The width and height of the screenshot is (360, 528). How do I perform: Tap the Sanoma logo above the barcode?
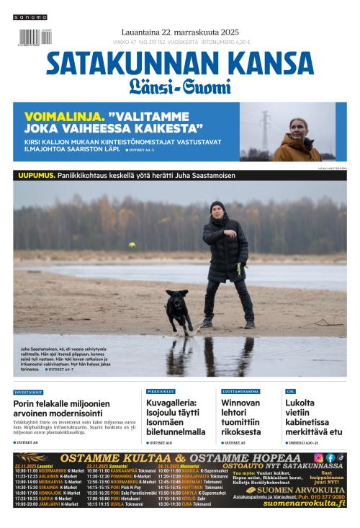pos(30,17)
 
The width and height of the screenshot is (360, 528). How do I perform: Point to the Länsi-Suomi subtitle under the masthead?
pos(180,88)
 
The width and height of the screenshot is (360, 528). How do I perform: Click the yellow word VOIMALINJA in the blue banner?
pos(64,115)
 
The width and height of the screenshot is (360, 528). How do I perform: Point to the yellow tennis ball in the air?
pos(132,246)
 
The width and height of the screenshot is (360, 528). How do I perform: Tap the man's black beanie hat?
pos(217,206)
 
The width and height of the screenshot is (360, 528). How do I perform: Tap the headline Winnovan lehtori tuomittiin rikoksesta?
pos(241,417)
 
